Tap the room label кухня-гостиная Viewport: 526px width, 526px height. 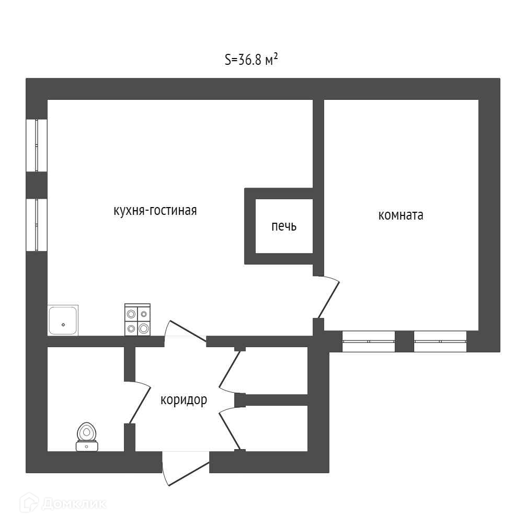coord(155,211)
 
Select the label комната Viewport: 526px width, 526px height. coord(401,215)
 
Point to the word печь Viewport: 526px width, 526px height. coord(283,226)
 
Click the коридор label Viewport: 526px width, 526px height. coord(184,400)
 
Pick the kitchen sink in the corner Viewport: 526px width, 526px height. coord(63,320)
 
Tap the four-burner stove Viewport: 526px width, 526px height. coord(138,319)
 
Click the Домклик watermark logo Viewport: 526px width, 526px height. coord(63,504)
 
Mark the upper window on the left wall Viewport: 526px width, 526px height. coord(37,145)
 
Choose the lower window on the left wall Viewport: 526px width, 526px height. coord(37,225)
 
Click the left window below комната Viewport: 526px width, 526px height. coord(369,341)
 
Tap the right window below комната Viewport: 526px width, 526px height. coord(440,341)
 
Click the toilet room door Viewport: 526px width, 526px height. coord(139,403)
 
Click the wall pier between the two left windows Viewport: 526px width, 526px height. coord(37,185)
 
